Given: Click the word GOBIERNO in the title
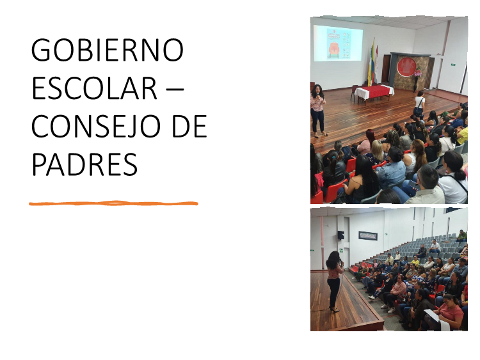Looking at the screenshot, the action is click(x=108, y=50).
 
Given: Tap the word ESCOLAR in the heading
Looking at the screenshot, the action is click(x=94, y=88).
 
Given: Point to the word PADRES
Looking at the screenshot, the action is click(x=84, y=164).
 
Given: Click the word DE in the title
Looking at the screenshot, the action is click(x=189, y=127).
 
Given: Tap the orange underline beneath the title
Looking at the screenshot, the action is click(x=113, y=203).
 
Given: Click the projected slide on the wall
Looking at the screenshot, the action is click(x=338, y=43).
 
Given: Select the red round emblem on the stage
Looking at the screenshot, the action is click(x=407, y=67).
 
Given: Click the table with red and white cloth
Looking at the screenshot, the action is click(x=374, y=93).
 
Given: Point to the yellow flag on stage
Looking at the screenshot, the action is click(x=371, y=63).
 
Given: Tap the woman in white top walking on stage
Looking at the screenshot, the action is click(x=419, y=105).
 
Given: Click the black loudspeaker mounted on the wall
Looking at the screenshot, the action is click(x=340, y=235).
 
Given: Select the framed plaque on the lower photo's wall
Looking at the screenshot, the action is click(x=368, y=236).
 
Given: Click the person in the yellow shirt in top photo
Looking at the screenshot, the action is click(x=462, y=135).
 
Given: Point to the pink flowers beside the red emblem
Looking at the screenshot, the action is click(x=417, y=72).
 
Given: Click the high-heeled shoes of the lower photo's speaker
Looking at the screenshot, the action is click(x=334, y=309).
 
